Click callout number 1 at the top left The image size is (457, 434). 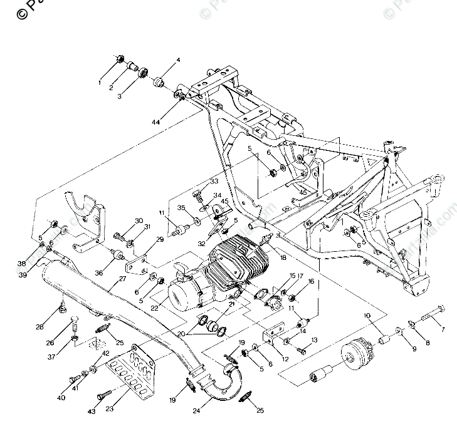(x=99, y=82)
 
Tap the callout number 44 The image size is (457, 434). (x=155, y=121)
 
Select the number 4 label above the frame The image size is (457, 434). (x=177, y=61)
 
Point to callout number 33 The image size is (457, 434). (x=214, y=182)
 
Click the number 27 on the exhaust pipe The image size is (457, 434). (x=113, y=280)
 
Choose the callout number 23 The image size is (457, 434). (x=109, y=407)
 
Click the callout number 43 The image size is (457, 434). (x=92, y=411)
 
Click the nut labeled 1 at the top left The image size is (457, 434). (x=118, y=61)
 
